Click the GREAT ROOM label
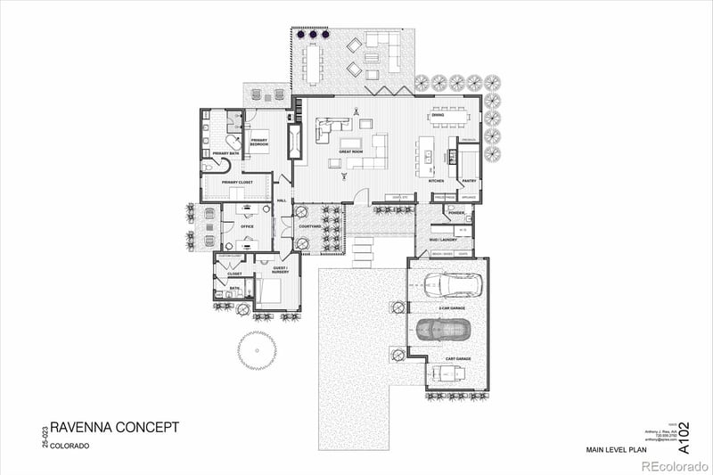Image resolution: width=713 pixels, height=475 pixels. [350, 152]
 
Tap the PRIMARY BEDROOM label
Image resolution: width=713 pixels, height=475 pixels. [259, 142]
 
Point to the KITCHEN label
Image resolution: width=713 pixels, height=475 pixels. [436, 181]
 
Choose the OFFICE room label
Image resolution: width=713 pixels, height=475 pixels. [247, 226]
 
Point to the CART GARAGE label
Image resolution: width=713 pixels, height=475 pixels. [458, 358]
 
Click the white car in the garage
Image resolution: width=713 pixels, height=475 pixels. [453, 286]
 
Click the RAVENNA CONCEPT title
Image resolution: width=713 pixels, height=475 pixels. [114, 428]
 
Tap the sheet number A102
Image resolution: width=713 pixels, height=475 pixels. [684, 438]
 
